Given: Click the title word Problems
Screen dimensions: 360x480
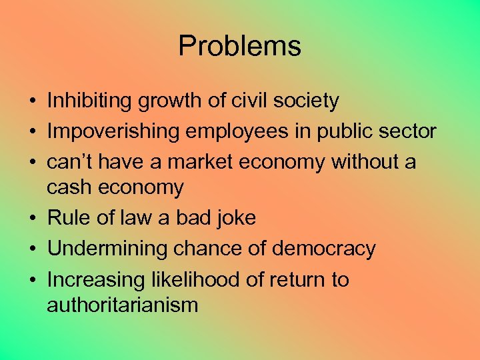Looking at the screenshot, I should [x=239, y=46].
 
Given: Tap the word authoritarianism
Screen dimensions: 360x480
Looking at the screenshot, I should [x=123, y=306].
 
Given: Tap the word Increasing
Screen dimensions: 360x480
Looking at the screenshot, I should [x=90, y=279].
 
